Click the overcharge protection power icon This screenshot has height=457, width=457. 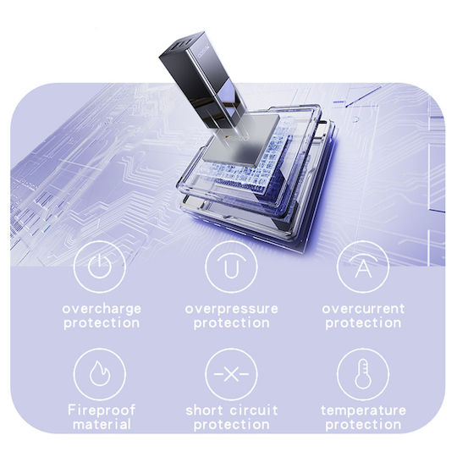[100, 267]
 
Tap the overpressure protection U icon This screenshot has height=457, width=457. [231, 267]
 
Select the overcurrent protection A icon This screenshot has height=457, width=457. [363, 267]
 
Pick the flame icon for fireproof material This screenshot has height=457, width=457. [100, 374]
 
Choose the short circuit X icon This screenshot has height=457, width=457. [231, 374]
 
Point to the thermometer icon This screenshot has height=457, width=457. [363, 374]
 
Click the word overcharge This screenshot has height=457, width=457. [102, 309]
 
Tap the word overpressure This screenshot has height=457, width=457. [231, 309]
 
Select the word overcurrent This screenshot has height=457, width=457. [363, 309]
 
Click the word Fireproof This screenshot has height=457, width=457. [102, 410]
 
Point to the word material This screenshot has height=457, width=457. [102, 424]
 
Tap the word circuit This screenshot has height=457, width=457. [254, 410]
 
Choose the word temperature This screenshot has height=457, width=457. [363, 410]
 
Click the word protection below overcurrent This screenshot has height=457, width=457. [363, 323]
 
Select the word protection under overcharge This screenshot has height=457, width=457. [102, 323]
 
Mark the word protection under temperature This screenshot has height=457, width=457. [363, 425]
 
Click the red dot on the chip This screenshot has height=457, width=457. [227, 137]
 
